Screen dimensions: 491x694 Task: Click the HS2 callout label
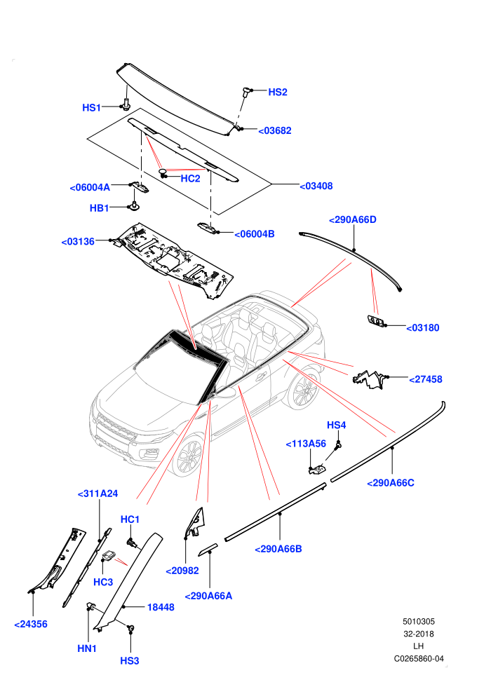(x=278, y=92)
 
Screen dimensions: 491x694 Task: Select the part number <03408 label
(x=316, y=186)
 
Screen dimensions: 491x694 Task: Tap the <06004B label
(x=255, y=233)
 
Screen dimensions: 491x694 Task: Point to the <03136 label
(x=78, y=242)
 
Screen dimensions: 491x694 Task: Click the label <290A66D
(x=353, y=219)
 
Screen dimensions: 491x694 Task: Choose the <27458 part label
(x=426, y=379)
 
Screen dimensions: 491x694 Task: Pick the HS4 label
(x=337, y=426)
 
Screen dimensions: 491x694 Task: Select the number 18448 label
(x=161, y=607)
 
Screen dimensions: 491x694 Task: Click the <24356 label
(x=31, y=624)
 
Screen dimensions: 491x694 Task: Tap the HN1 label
(x=87, y=648)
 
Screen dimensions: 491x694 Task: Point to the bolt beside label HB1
(x=134, y=206)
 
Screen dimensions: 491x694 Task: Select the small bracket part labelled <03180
(x=375, y=320)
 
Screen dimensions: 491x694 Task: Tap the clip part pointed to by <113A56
(x=317, y=469)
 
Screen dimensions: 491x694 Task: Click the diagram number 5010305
(x=418, y=621)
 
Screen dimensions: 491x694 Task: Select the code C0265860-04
(x=419, y=658)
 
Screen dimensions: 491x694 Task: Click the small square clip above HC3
(x=109, y=556)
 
